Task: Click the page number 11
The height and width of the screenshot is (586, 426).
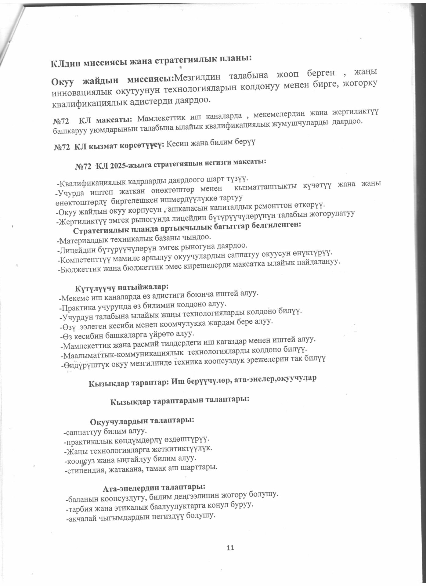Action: pyautogui.click(x=230, y=548)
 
